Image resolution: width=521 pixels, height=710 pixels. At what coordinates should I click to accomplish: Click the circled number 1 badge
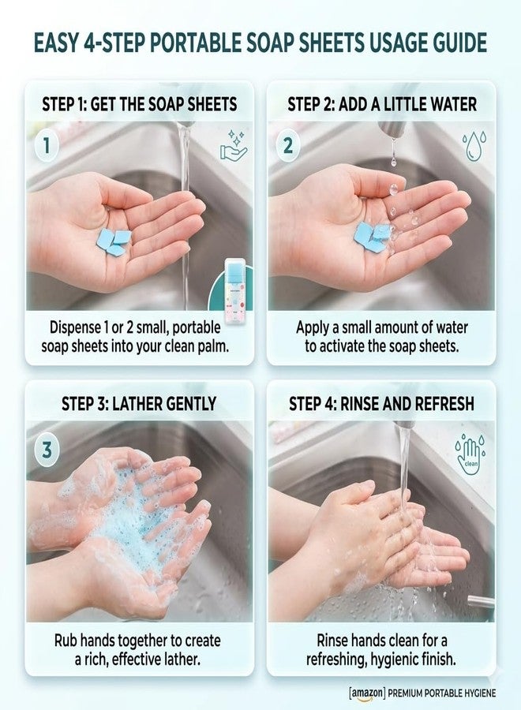click(46, 146)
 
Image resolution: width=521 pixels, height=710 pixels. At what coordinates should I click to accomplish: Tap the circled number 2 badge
click(287, 146)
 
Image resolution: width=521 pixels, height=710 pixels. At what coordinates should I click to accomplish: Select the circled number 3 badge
click(47, 450)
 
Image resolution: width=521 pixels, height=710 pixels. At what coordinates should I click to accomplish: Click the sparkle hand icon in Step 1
click(234, 145)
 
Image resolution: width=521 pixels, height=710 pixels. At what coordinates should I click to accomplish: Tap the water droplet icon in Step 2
click(474, 146)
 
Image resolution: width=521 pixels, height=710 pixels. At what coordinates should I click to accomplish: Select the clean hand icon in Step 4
click(470, 450)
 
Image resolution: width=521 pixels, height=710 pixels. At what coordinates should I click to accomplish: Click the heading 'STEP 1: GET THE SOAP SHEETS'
click(140, 105)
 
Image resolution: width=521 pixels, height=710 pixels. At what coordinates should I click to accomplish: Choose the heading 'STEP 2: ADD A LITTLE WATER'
click(382, 105)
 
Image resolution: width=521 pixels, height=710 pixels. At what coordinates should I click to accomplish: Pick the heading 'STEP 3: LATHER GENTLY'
click(139, 404)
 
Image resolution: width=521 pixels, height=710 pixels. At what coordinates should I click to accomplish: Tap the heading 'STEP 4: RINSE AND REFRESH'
click(381, 404)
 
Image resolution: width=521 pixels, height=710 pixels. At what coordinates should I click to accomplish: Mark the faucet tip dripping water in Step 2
click(392, 133)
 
